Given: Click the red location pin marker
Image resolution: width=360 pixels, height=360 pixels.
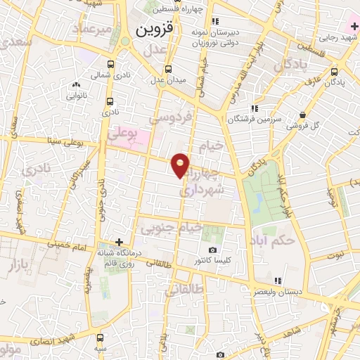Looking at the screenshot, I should pyautogui.click(x=181, y=165).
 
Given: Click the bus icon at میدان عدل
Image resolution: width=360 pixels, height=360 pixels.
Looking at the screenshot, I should pyautogui.click(x=168, y=69).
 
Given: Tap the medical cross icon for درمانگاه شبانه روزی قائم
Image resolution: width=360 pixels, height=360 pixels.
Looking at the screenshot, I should pyautogui.click(x=120, y=243).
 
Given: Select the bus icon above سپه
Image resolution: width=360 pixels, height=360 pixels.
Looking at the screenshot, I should pyautogui.click(x=101, y=337).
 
